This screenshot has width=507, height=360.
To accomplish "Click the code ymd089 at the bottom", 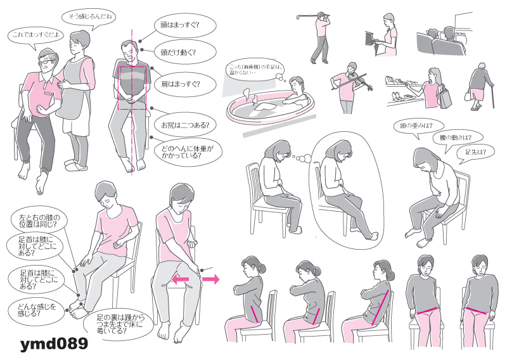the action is click(54, 344).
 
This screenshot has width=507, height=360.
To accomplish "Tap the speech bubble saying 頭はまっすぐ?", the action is click(184, 25).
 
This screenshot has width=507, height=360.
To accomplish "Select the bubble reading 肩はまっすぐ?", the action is click(185, 84).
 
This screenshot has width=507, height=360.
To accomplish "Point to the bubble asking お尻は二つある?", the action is click(185, 125).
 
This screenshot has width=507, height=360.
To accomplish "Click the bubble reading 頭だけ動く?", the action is click(184, 52).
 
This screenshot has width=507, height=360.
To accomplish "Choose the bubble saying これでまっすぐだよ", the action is click(35, 35).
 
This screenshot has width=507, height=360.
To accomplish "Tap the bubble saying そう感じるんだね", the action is click(88, 16).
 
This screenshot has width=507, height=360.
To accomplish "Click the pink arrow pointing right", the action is click(210, 279).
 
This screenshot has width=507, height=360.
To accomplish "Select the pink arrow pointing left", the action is click(180, 279).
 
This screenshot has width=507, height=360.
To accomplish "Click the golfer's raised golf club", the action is click(311, 15).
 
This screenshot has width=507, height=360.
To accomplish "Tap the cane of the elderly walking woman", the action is click(493, 96).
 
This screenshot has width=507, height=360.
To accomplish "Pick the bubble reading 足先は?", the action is click(475, 152).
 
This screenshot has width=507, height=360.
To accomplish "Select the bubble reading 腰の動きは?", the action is click(455, 138).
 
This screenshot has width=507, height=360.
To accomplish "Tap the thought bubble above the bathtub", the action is click(255, 70).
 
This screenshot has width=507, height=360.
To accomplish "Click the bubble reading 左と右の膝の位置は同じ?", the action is click(39, 221).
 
